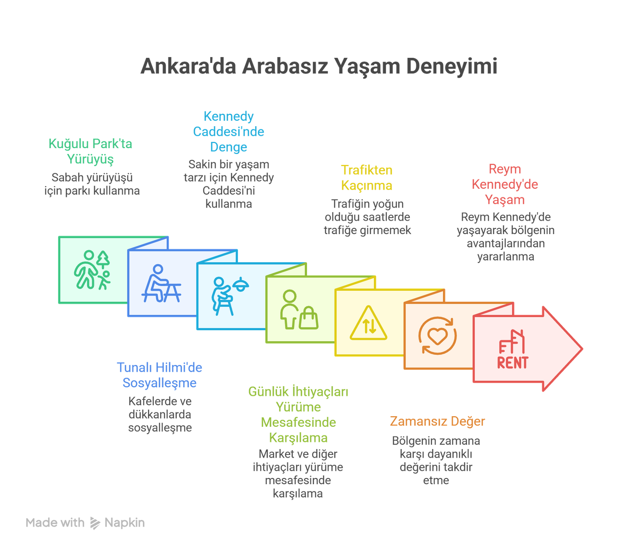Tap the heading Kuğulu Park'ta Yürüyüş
(90, 152)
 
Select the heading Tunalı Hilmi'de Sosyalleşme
(159, 375)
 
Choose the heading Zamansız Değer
(437, 422)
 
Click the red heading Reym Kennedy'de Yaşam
(505, 184)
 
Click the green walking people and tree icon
(92, 270)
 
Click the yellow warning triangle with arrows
(368, 324)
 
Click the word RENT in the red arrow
(512, 363)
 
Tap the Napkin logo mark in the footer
(95, 523)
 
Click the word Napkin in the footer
(125, 523)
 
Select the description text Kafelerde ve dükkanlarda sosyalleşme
(160, 415)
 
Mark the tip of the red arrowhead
(582, 349)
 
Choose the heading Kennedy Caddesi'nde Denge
(229, 132)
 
